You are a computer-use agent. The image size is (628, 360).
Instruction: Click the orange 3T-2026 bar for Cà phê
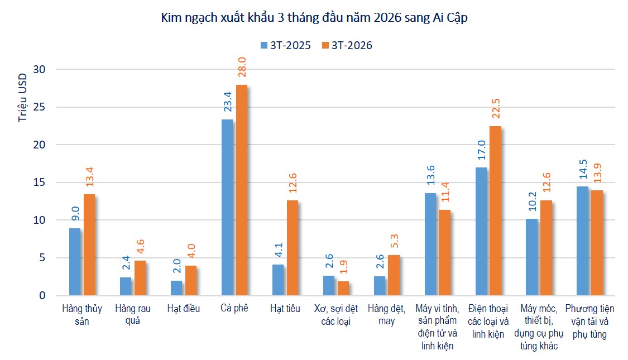[241, 190]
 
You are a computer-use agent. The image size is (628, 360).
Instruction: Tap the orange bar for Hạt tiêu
[292, 248]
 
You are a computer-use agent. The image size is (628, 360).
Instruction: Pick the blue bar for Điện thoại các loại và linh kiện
[481, 231]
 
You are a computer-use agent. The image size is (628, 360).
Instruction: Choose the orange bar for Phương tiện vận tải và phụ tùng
[597, 243]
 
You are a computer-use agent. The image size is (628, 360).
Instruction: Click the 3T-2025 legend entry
[285, 46]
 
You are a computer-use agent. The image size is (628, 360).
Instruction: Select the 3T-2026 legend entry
[347, 46]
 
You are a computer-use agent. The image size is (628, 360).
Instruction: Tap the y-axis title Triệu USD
[22, 98]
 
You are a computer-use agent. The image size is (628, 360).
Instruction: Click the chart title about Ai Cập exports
[314, 18]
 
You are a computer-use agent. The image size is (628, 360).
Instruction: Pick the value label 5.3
[395, 241]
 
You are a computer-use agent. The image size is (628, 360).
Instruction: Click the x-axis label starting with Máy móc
[539, 327]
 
